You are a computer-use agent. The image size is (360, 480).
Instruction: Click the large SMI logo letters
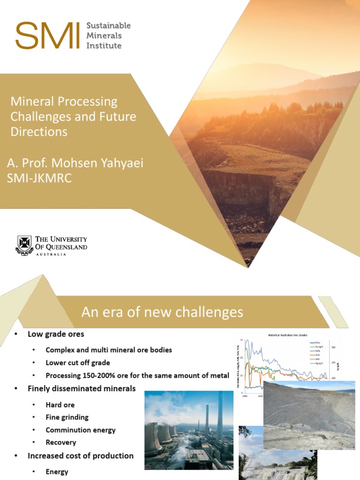pos(47,36)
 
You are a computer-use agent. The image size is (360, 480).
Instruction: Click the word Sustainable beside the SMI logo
pos(108,25)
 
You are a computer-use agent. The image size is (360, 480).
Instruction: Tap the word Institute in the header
pos(104,45)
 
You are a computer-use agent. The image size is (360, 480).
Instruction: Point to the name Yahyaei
pos(120,163)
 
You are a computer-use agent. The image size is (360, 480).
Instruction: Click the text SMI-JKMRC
pos(39,178)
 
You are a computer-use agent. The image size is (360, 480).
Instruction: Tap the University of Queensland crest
pos(24,245)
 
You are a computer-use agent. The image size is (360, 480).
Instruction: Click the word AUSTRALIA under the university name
pos(51,255)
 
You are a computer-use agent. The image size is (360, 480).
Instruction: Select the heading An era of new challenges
pos(162,312)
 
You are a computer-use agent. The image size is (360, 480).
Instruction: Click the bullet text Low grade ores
pos(56,334)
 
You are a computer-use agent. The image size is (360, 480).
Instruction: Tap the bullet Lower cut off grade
pos(78,363)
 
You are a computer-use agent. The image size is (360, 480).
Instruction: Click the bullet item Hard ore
pos(60,405)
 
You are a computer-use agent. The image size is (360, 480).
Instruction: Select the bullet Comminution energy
pos(81,430)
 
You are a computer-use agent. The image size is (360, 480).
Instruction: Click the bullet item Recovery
pos(61,442)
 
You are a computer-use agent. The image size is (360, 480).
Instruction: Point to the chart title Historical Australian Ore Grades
pos(288,335)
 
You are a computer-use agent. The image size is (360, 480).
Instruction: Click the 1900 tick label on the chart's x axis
pos(245,396)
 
